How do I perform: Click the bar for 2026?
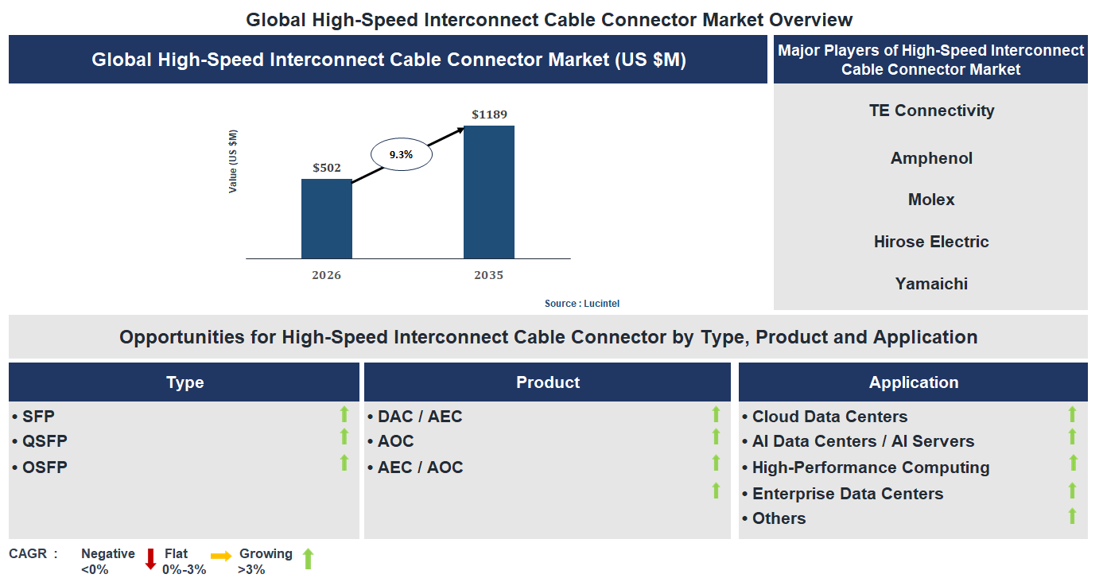point(326,219)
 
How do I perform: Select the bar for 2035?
point(489,192)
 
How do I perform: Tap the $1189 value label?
point(489,114)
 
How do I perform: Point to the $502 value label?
point(326,168)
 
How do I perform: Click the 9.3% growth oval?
point(401,155)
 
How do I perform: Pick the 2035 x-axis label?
point(489,275)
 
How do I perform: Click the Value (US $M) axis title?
point(233,161)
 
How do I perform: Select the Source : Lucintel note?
point(582,304)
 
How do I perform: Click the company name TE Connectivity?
point(931,111)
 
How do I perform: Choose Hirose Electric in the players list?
point(931,242)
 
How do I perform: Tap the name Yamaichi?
point(931,284)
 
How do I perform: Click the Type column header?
point(184,382)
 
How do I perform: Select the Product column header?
point(547,382)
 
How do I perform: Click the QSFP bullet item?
point(45,441)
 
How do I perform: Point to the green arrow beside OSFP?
point(344,463)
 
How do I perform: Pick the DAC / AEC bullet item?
point(419,417)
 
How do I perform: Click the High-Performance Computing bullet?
point(870,467)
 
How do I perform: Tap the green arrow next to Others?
point(1072,516)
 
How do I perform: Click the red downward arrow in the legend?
point(150,559)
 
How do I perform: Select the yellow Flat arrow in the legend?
point(221,557)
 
